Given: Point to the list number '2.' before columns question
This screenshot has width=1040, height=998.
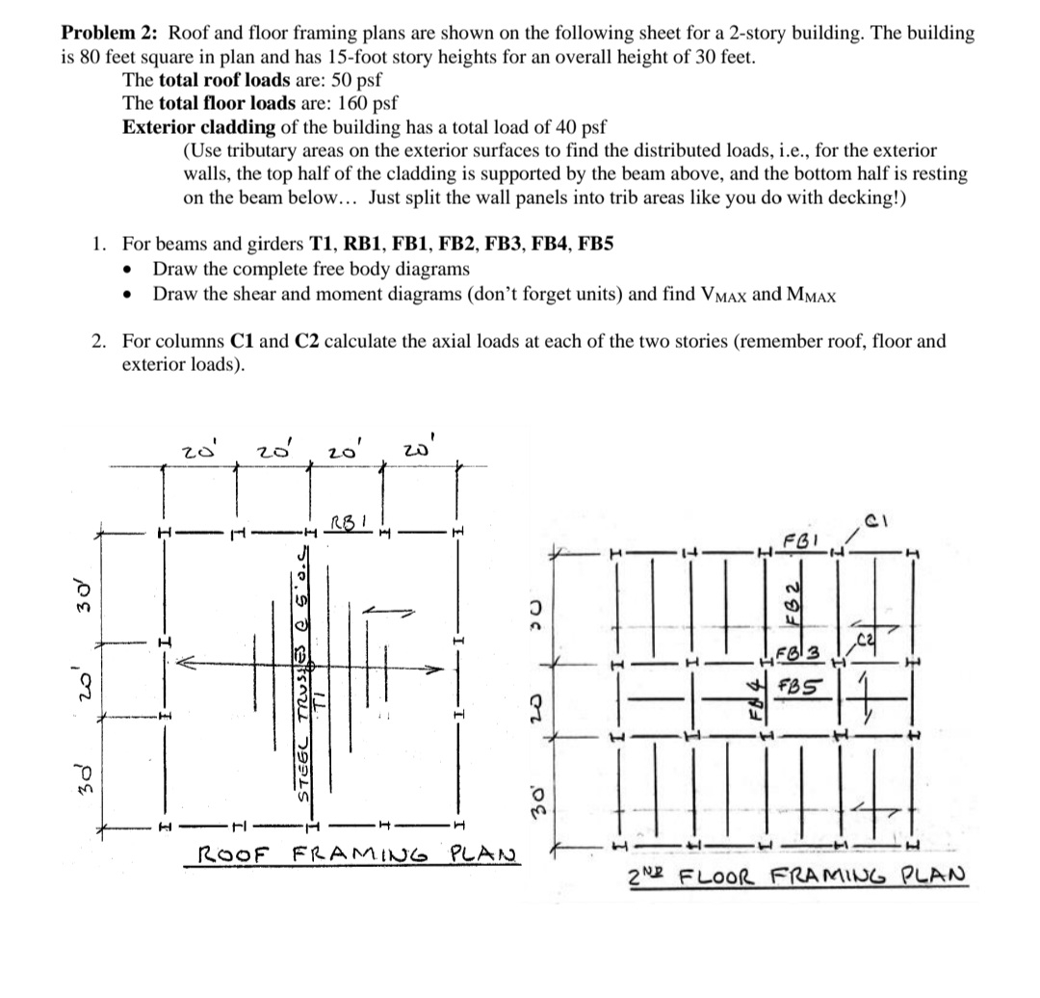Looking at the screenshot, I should (x=99, y=341).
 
